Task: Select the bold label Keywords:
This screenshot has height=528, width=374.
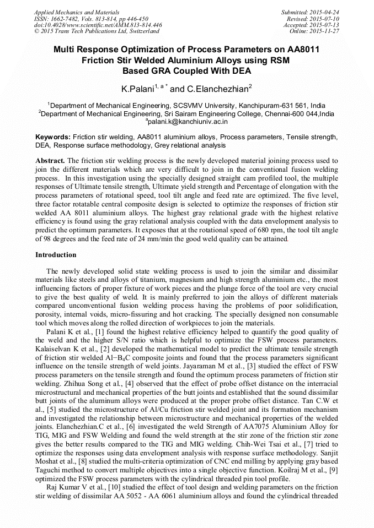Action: point(52,137)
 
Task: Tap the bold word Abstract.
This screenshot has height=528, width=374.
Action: point(50,160)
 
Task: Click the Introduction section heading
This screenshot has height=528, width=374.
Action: point(56,255)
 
